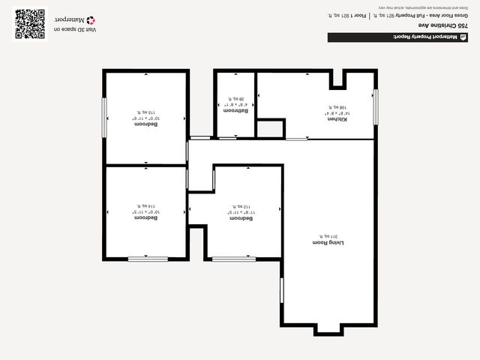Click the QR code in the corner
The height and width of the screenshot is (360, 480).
(30, 23)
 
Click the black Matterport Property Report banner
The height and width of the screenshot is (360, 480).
(397, 37)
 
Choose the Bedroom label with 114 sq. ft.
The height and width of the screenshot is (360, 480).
(145, 217)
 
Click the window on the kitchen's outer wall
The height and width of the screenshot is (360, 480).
(376, 105)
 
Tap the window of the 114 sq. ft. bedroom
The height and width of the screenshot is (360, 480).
(148, 259)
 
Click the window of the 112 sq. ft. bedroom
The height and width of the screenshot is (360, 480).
(233, 259)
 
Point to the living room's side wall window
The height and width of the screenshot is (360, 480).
(281, 291)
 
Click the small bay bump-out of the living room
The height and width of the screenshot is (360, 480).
(327, 329)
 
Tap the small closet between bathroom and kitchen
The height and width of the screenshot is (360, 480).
(270, 129)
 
